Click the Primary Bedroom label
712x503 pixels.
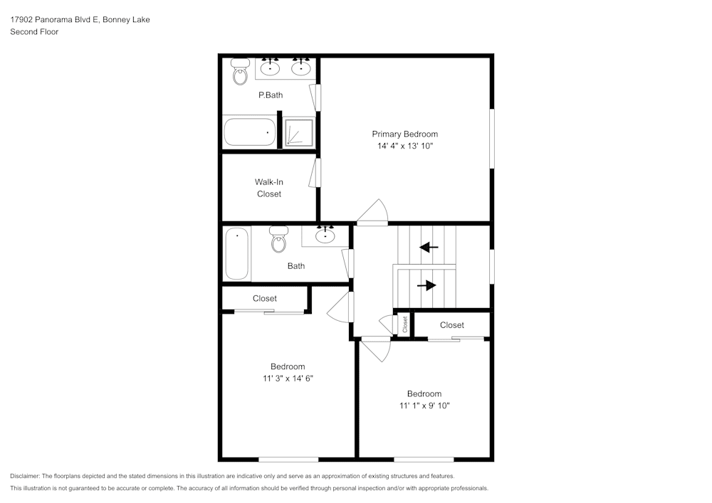[404, 134]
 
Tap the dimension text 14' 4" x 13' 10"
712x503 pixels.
[404, 146]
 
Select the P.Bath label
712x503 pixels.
[270, 95]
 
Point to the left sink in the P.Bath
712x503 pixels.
[270, 68]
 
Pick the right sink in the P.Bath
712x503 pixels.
[301, 68]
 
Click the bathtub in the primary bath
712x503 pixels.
[249, 132]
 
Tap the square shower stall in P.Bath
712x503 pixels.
[298, 133]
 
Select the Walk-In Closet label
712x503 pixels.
[269, 188]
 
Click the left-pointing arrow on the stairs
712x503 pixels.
[429, 248]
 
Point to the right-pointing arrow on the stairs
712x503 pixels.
[426, 285]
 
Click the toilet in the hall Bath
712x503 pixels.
[278, 240]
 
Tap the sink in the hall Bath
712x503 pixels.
[326, 235]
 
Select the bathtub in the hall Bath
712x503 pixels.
[237, 253]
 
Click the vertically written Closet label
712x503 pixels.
[405, 324]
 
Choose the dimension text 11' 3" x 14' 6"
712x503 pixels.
[288, 378]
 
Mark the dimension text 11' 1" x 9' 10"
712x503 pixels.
[424, 406]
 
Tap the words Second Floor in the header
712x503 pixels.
[34, 32]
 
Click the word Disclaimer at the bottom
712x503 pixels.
[25, 476]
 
